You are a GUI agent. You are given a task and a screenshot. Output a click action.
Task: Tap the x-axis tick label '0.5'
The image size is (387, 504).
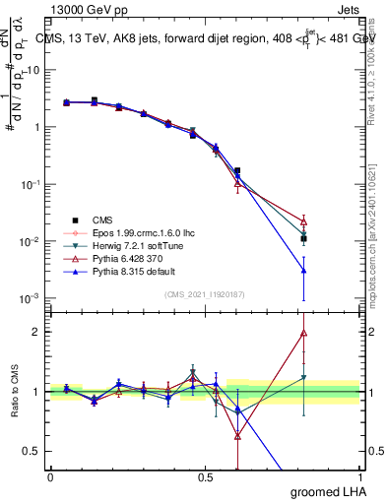point(205,476)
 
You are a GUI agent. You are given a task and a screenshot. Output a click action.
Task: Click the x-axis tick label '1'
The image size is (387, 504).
point(358,476)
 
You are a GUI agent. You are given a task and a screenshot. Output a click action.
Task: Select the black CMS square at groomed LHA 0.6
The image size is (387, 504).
point(237,170)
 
